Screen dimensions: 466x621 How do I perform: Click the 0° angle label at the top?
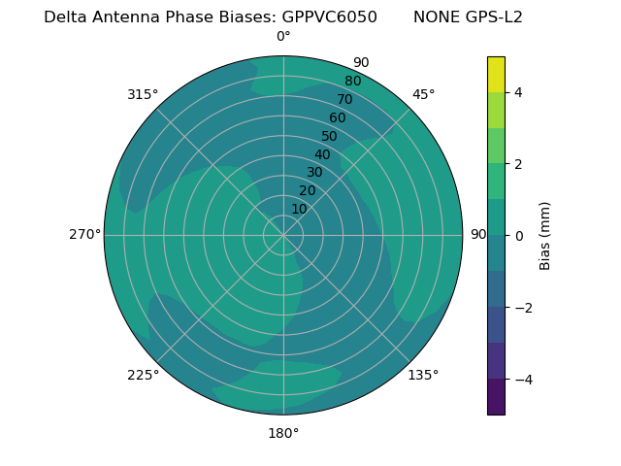(283, 37)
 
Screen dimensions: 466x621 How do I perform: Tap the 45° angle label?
(423, 94)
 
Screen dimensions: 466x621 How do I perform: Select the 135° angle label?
(423, 375)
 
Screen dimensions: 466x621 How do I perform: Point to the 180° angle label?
(283, 433)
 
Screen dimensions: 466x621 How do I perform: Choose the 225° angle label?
(143, 375)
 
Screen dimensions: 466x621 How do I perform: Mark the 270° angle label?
(84, 234)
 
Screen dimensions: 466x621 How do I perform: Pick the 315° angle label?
(143, 94)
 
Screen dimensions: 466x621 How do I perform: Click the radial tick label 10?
(299, 209)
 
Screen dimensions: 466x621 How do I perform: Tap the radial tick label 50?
(330, 137)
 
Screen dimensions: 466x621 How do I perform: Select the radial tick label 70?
(344, 99)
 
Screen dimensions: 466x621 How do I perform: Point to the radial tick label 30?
(314, 173)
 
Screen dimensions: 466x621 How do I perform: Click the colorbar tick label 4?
(518, 92)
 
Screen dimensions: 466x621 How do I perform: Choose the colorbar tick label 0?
(518, 235)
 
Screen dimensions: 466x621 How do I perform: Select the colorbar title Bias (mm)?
(545, 235)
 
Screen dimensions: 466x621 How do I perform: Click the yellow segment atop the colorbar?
(496, 74)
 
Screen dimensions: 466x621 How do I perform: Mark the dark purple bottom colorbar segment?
(496, 396)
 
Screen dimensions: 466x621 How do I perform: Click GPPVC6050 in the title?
(329, 17)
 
